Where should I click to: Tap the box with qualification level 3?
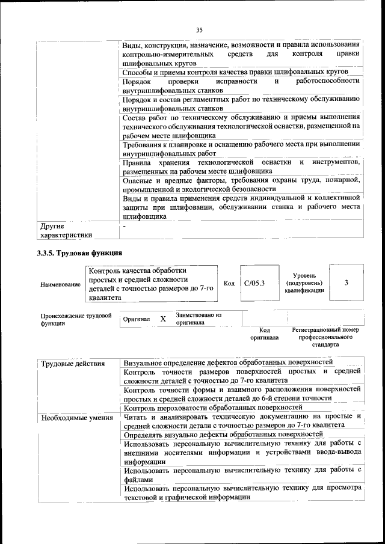click(346, 282)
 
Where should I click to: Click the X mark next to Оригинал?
click(162, 319)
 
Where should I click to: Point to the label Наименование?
click(60, 284)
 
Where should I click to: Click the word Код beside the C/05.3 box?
click(229, 283)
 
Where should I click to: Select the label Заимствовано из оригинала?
click(199, 319)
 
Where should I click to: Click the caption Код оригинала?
click(265, 334)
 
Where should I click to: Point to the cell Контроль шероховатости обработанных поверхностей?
click(212, 408)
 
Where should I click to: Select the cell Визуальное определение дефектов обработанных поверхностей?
click(228, 363)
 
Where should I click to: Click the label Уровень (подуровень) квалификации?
click(304, 283)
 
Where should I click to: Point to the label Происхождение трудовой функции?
click(76, 319)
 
